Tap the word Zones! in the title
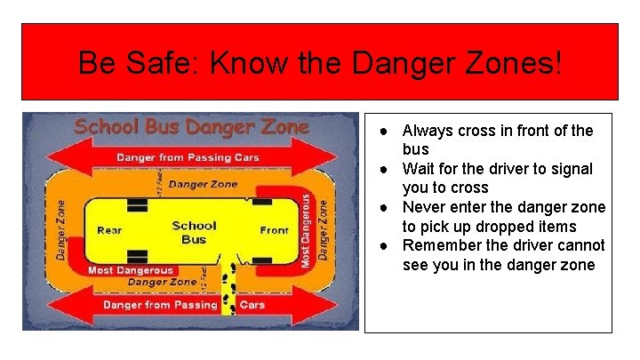(521, 63)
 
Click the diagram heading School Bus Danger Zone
(191, 126)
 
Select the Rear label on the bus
(109, 230)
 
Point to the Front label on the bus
(275, 230)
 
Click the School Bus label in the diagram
(194, 232)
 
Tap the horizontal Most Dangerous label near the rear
(130, 269)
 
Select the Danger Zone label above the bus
(203, 184)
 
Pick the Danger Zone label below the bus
(161, 283)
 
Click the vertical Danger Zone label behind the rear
(61, 229)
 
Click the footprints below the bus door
(228, 280)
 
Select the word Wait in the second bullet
(419, 169)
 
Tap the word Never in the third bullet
(424, 207)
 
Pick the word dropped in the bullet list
(500, 227)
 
